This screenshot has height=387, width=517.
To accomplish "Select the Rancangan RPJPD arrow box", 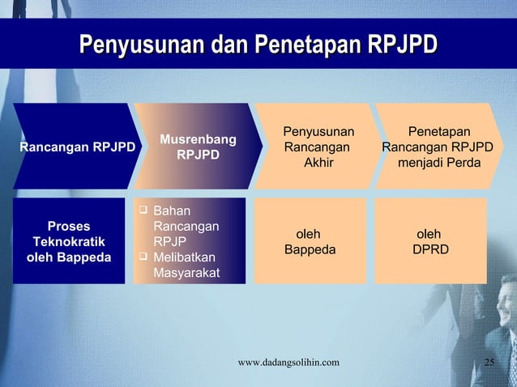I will [x=71, y=147].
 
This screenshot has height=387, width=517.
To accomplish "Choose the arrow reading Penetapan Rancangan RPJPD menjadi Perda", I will [x=438, y=147].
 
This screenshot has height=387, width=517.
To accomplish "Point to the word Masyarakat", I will [x=186, y=274].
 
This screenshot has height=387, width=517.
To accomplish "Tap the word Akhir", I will [x=318, y=163].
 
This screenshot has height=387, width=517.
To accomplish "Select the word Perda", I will [x=463, y=163].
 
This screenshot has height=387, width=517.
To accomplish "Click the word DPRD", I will [x=430, y=250].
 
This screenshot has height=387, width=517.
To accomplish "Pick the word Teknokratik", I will [x=69, y=242].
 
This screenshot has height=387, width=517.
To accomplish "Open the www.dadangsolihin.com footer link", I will [x=288, y=362].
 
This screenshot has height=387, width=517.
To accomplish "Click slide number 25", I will [x=489, y=362].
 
